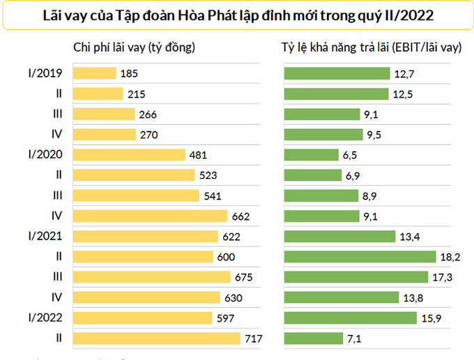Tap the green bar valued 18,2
pos(360,257)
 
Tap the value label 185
pos(129,73)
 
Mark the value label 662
pos(240,216)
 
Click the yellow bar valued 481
pos(129,155)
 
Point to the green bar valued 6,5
pos(311,155)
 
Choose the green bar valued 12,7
pos(337,73)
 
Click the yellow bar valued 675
pos(151,277)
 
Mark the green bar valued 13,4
pos(339,236)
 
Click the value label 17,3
pos(441,277)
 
